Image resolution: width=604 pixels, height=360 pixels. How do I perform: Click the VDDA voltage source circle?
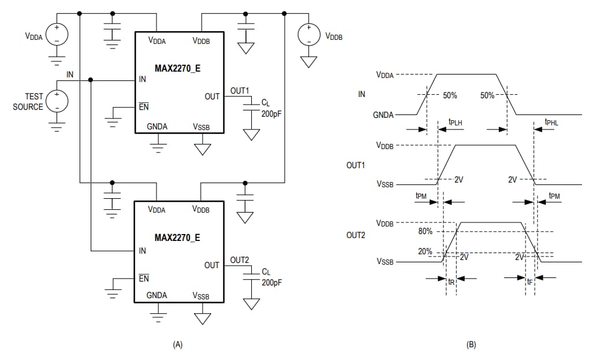tap(57, 35)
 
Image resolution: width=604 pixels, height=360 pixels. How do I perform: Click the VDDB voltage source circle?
tap(309, 35)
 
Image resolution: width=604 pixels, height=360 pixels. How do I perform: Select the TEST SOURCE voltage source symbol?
tap(57, 102)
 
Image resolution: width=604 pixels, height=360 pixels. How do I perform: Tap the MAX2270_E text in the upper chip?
tap(177, 68)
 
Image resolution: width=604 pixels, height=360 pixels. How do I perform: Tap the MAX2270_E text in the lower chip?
tap(177, 237)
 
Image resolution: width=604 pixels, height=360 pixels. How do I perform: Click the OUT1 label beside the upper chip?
tap(239, 91)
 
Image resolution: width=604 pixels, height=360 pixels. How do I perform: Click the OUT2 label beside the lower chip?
tap(239, 260)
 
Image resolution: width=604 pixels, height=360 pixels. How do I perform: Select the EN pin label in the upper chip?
tap(143, 107)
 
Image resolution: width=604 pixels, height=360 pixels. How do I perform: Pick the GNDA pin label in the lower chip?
tap(156, 295)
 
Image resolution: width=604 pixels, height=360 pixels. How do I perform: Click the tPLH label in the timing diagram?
tap(456, 122)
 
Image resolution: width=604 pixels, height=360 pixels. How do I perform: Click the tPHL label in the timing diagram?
tap(551, 122)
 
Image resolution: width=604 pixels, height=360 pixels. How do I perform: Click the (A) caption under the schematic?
tap(177, 344)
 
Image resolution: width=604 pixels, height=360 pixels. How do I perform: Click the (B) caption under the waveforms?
tap(471, 344)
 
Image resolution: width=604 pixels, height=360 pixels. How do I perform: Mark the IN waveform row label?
tap(361, 94)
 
